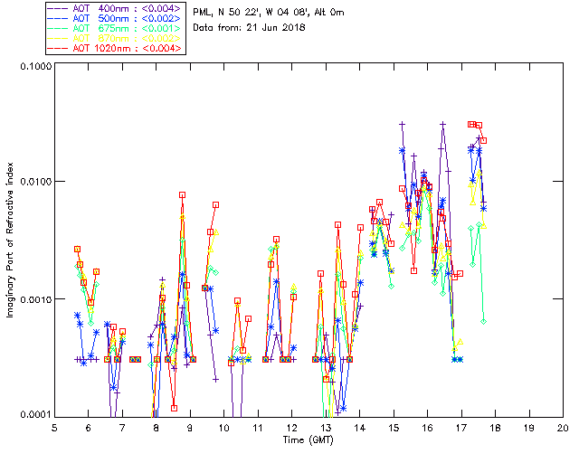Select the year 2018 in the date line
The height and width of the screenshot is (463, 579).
[x=293, y=27]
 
